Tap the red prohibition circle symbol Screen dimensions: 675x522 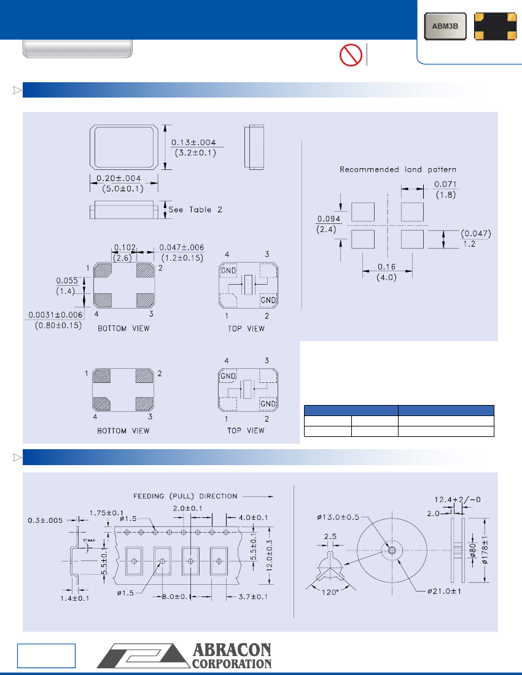tap(350, 55)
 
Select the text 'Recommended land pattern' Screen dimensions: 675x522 tap(399, 169)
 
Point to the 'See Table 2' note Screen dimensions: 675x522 tap(195, 209)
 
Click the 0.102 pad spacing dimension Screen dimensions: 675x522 tap(122, 247)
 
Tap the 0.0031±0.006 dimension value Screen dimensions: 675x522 tap(54, 315)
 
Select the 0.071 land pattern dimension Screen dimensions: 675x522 tap(445, 184)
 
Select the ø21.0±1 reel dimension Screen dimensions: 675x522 tap(445, 591)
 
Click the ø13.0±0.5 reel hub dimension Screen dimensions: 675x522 tap(340, 517)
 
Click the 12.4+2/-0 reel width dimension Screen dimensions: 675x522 tap(458, 499)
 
